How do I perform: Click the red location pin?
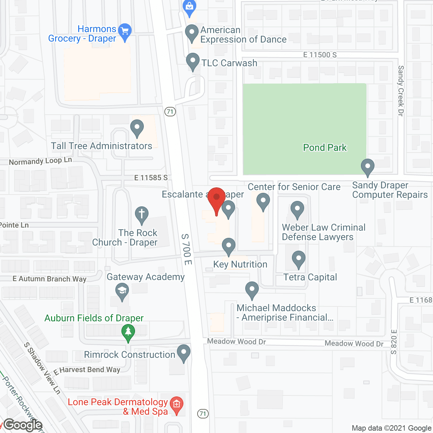[x=216, y=198]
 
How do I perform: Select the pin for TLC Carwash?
[x=193, y=62]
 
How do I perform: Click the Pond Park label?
[x=325, y=147]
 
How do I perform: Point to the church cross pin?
[x=142, y=214]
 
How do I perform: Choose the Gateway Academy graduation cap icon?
[x=122, y=291]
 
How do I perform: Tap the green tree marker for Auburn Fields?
[x=128, y=332]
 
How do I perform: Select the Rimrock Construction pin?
[x=184, y=352]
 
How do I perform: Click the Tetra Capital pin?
[x=298, y=259]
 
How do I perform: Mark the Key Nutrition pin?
[x=229, y=246]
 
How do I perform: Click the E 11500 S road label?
[x=320, y=55]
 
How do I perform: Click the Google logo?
[x=23, y=425]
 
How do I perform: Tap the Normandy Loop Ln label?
[x=40, y=161]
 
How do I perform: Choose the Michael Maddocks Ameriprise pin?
[x=252, y=290]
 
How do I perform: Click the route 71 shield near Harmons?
[x=170, y=111]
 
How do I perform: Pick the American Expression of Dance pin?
[x=192, y=33]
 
